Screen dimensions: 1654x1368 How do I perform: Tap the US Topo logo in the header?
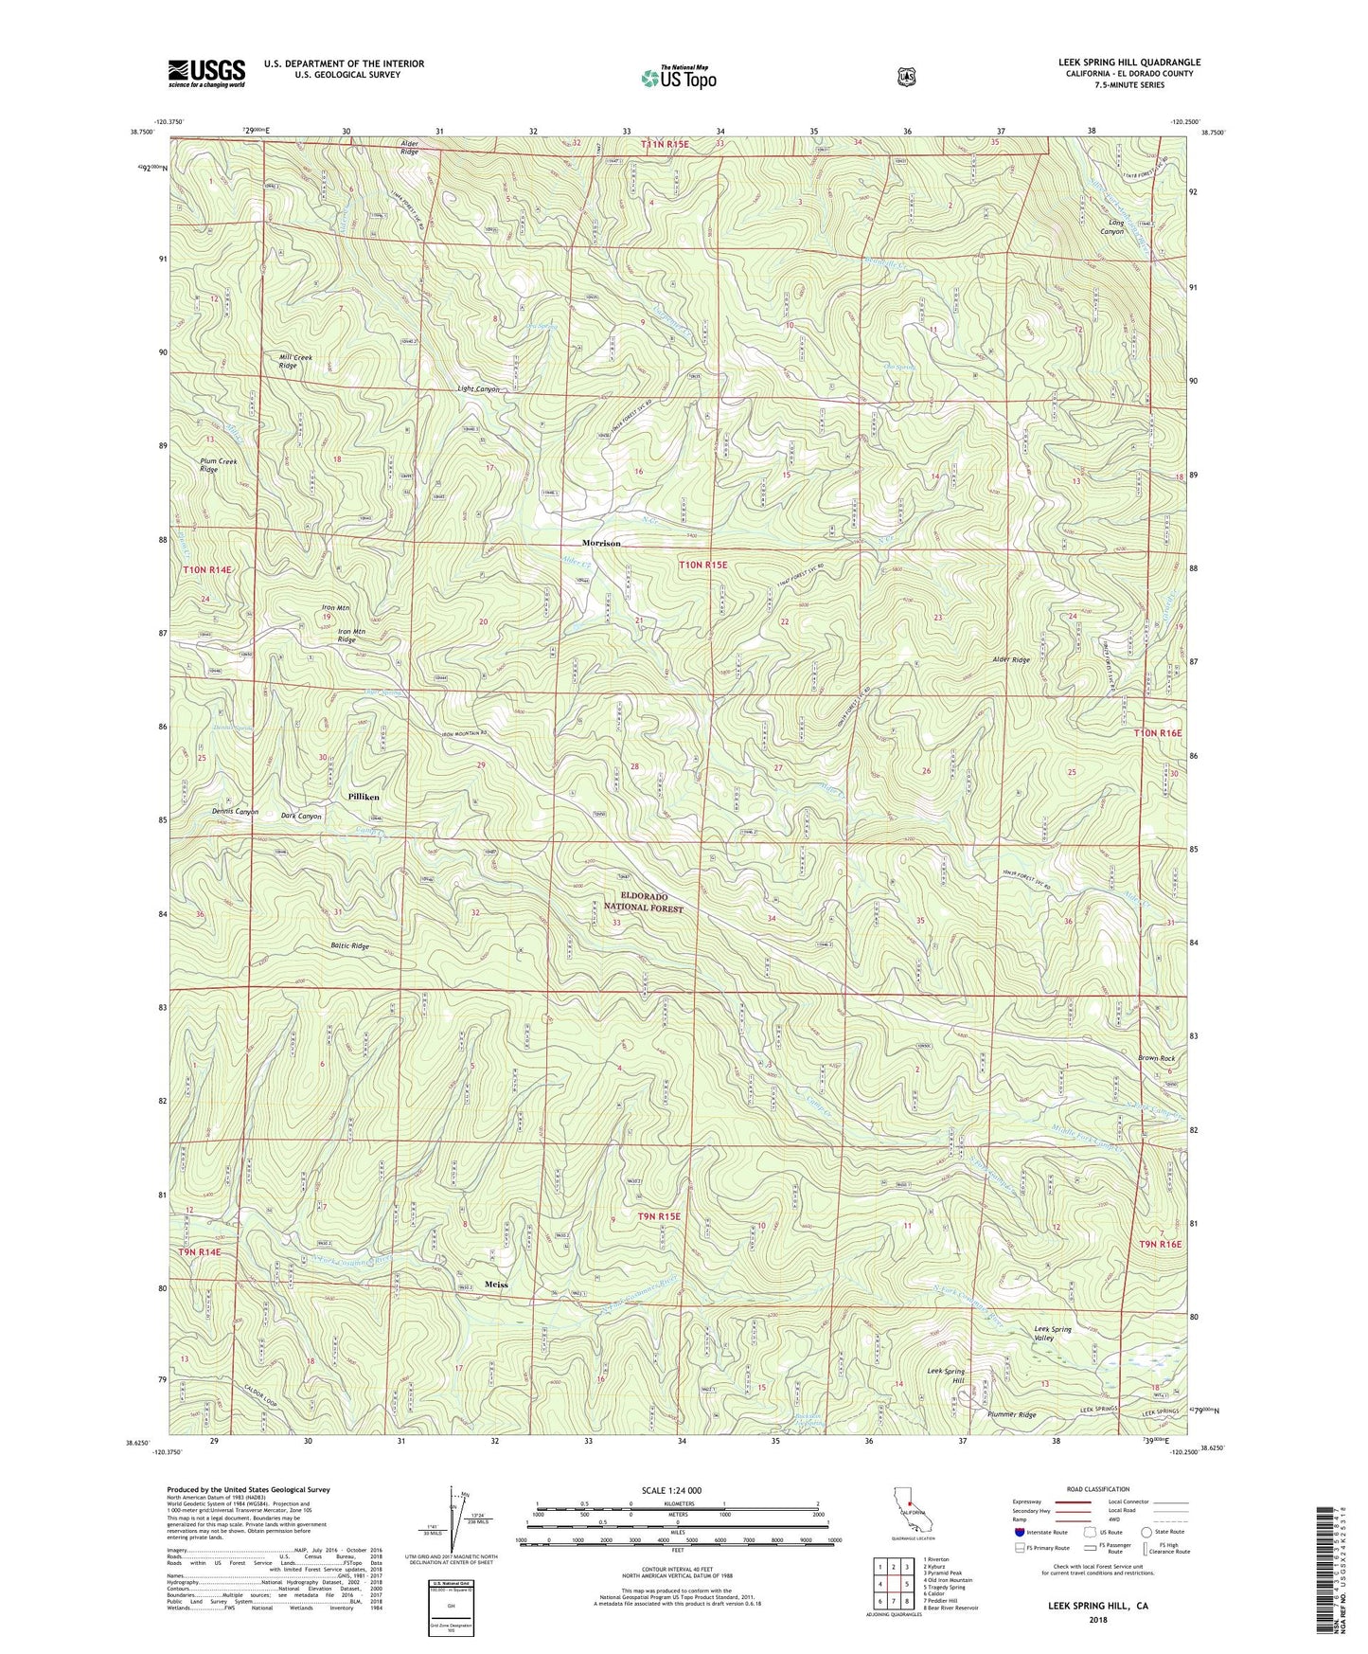click(x=677, y=77)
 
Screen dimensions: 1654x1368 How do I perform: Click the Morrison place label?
click(x=601, y=543)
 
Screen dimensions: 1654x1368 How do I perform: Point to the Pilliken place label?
click(x=363, y=797)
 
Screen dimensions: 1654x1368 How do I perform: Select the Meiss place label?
click(x=496, y=1285)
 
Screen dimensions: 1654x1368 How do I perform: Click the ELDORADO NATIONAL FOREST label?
click(x=644, y=901)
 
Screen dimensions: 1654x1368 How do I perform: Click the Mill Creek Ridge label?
click(x=295, y=361)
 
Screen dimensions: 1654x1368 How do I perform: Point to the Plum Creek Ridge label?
click(x=219, y=465)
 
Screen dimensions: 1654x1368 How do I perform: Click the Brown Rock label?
click(x=1156, y=1058)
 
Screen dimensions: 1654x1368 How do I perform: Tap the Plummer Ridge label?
click(x=1012, y=1414)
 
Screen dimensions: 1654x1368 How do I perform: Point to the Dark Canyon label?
click(x=302, y=816)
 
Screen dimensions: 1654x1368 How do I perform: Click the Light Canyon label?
click(x=478, y=389)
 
